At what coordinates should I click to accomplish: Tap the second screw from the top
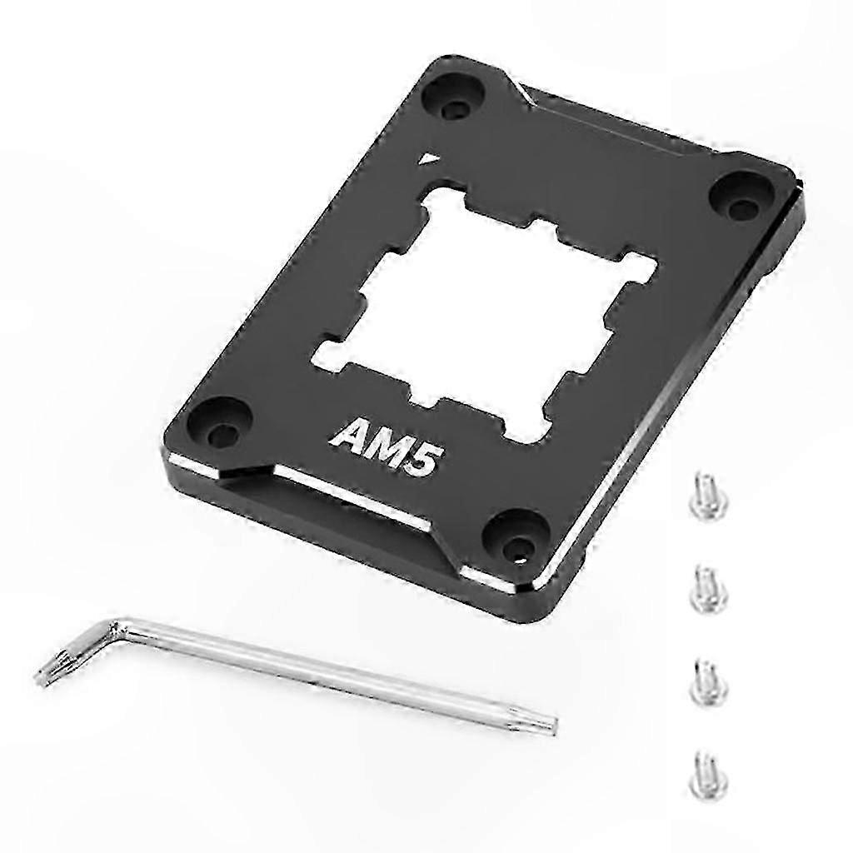[707, 586]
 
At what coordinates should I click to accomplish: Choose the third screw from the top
[706, 679]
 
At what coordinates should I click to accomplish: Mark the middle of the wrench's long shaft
[333, 672]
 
